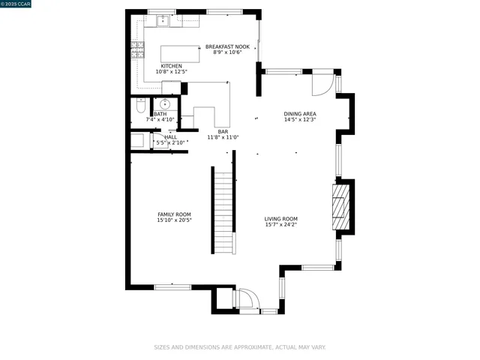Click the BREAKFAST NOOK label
coord(227,46)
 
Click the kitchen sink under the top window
coord(163,21)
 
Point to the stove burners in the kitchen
coord(137,50)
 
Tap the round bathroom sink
coord(166,105)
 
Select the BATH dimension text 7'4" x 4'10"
coord(160,119)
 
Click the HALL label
coord(171,137)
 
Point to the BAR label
coord(223,131)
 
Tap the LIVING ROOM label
coord(280,219)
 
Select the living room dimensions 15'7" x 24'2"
coord(280,225)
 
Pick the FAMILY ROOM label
coord(174,214)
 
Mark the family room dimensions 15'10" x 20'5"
coord(174,220)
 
